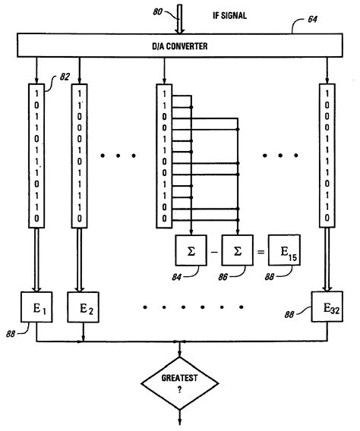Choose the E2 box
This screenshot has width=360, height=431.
tap(84, 309)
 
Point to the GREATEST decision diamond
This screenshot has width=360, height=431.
tap(180, 385)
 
